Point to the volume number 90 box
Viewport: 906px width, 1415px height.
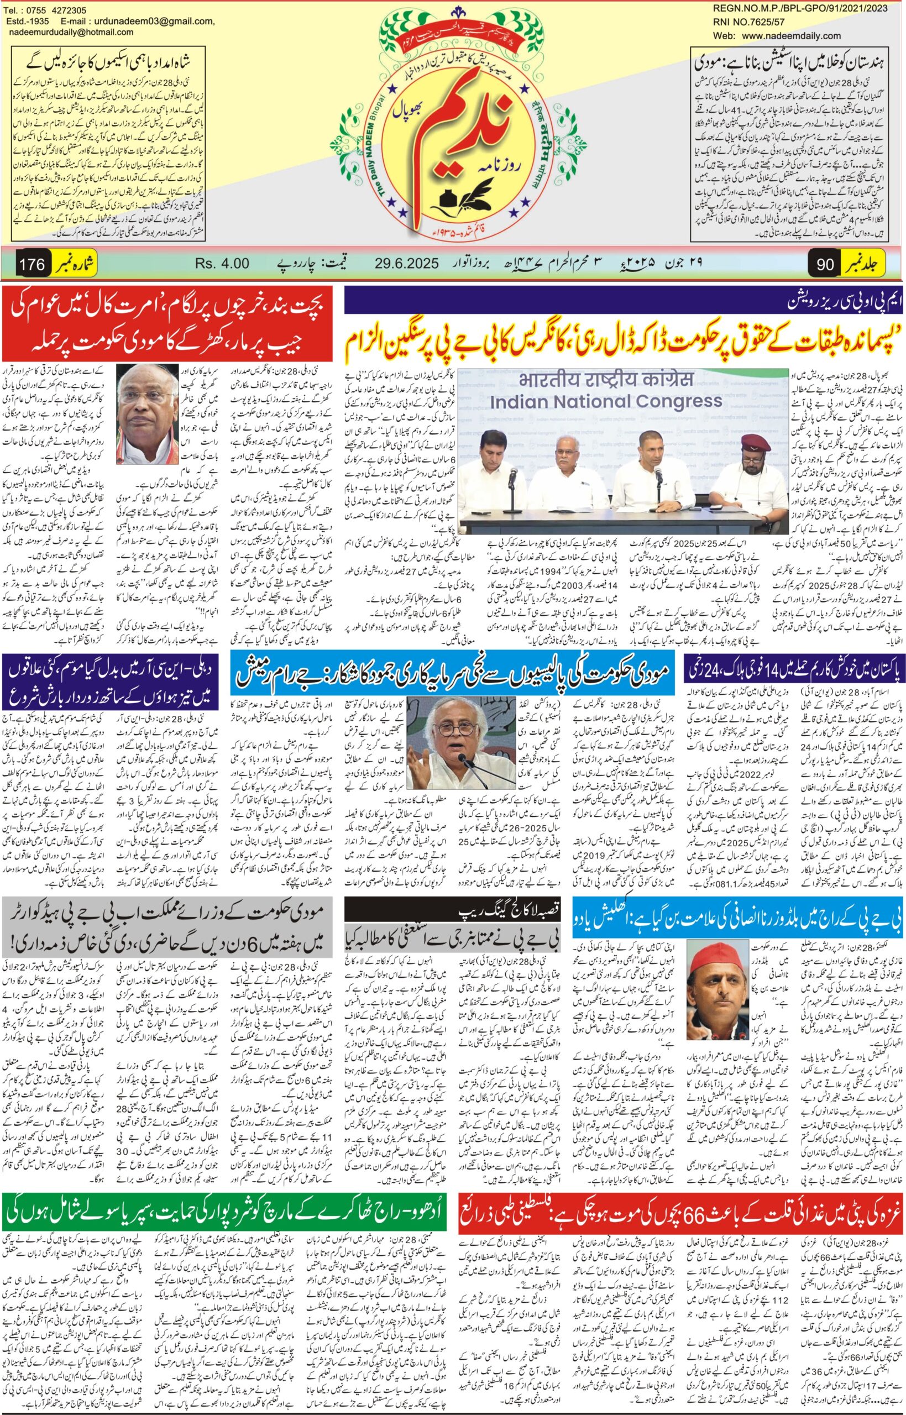[x=825, y=265]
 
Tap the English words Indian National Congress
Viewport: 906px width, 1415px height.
[x=606, y=401]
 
